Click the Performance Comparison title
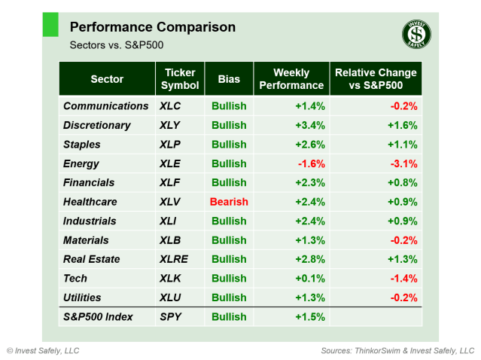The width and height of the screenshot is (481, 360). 152,27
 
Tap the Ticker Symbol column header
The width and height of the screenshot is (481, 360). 180,79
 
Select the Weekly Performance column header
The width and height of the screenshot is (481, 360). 291,79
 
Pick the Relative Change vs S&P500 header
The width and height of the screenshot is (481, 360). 376,79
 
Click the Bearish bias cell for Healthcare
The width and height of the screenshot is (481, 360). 230,202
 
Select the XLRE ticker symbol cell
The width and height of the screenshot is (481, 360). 175,259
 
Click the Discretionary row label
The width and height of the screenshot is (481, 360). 97,125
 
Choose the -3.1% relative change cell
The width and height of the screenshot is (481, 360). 403,163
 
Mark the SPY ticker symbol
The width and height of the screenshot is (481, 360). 171,317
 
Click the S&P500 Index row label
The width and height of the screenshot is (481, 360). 99,317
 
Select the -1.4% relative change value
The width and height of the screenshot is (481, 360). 403,279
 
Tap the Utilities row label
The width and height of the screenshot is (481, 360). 82,297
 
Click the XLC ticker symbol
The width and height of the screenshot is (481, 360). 172,106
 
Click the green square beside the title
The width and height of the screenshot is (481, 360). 50,25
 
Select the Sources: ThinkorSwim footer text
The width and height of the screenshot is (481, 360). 397,351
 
